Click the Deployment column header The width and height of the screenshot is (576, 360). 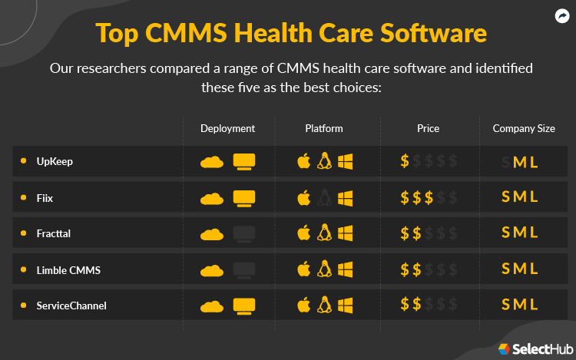[x=227, y=128]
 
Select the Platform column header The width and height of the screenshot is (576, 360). [x=324, y=128]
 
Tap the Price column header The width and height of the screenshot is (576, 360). [x=428, y=128]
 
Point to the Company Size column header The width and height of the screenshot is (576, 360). [x=524, y=128]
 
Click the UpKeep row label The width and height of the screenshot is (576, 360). [x=55, y=161]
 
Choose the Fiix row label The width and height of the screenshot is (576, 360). [x=45, y=197]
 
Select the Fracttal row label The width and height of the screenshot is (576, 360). [x=54, y=233]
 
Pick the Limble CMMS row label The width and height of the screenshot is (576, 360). [x=68, y=269]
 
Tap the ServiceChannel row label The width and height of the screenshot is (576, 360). [x=71, y=306]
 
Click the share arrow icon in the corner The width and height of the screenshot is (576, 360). [x=561, y=15]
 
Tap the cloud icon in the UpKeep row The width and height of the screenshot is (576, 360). [x=212, y=162]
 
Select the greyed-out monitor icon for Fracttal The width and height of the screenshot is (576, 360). [x=244, y=233]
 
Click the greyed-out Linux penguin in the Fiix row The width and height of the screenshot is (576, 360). [x=324, y=197]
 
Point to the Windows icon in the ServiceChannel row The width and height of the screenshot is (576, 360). [x=345, y=305]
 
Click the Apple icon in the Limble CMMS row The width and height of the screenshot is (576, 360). [x=303, y=269]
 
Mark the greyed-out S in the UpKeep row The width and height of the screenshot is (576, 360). [x=505, y=162]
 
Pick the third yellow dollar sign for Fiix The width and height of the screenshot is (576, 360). [x=430, y=198]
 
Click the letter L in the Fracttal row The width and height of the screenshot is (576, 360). [x=535, y=233]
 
